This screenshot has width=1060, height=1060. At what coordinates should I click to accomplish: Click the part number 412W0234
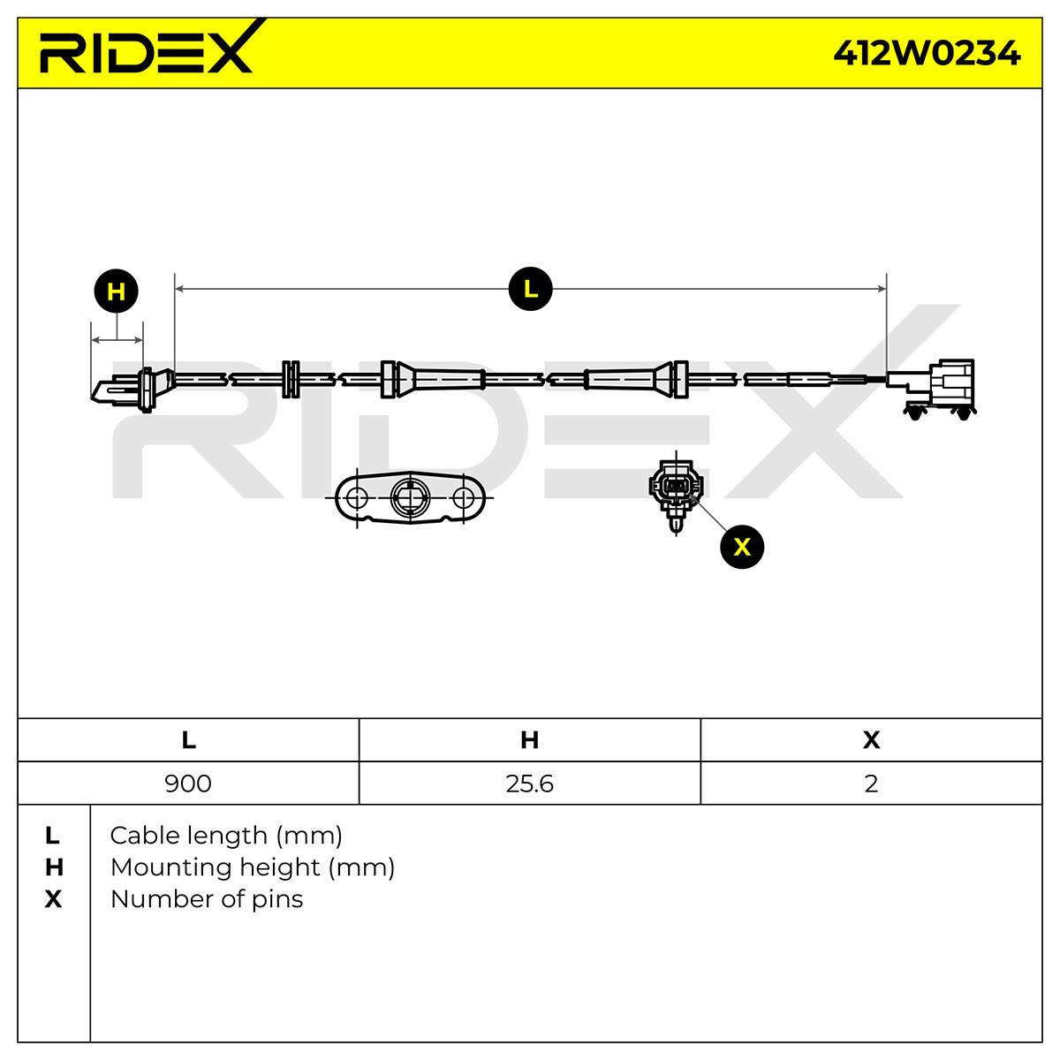(927, 53)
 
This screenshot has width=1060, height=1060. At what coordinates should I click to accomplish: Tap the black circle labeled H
(116, 291)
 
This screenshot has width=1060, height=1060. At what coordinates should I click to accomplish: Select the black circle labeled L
(530, 289)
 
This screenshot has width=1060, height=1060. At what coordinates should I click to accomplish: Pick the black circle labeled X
(742, 547)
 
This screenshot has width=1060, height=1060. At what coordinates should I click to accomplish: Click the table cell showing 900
(188, 784)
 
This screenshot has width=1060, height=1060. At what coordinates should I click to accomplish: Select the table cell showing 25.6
(530, 784)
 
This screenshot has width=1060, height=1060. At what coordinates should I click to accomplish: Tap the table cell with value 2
(871, 784)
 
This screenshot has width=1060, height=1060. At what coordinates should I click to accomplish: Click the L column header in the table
(188, 740)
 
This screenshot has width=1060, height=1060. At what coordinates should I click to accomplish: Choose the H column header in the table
(530, 740)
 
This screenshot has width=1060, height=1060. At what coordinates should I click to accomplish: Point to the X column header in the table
(871, 740)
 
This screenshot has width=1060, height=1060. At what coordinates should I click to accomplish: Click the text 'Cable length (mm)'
(226, 837)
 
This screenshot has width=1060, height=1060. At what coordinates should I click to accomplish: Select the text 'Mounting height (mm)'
(253, 868)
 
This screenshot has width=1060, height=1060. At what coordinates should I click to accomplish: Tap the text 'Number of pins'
(207, 899)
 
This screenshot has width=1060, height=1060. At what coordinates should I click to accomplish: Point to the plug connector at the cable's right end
(931, 389)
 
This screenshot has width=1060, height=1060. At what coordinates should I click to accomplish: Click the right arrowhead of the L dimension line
(882, 289)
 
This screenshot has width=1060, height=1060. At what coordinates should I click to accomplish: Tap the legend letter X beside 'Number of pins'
(53, 899)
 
